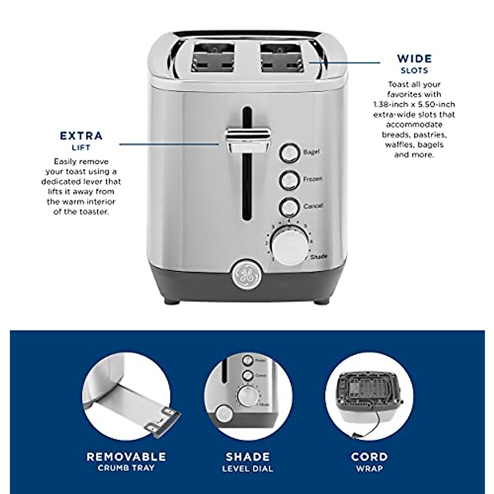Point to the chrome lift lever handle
pyautogui.click(x=247, y=138)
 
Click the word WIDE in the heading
pyautogui.click(x=414, y=58)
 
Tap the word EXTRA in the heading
pyautogui.click(x=82, y=136)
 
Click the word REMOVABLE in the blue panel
pyautogui.click(x=126, y=457)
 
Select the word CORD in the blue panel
pyautogui.click(x=369, y=457)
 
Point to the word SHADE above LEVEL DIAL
pyautogui.click(x=248, y=457)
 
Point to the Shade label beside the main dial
pyautogui.click(x=318, y=257)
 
